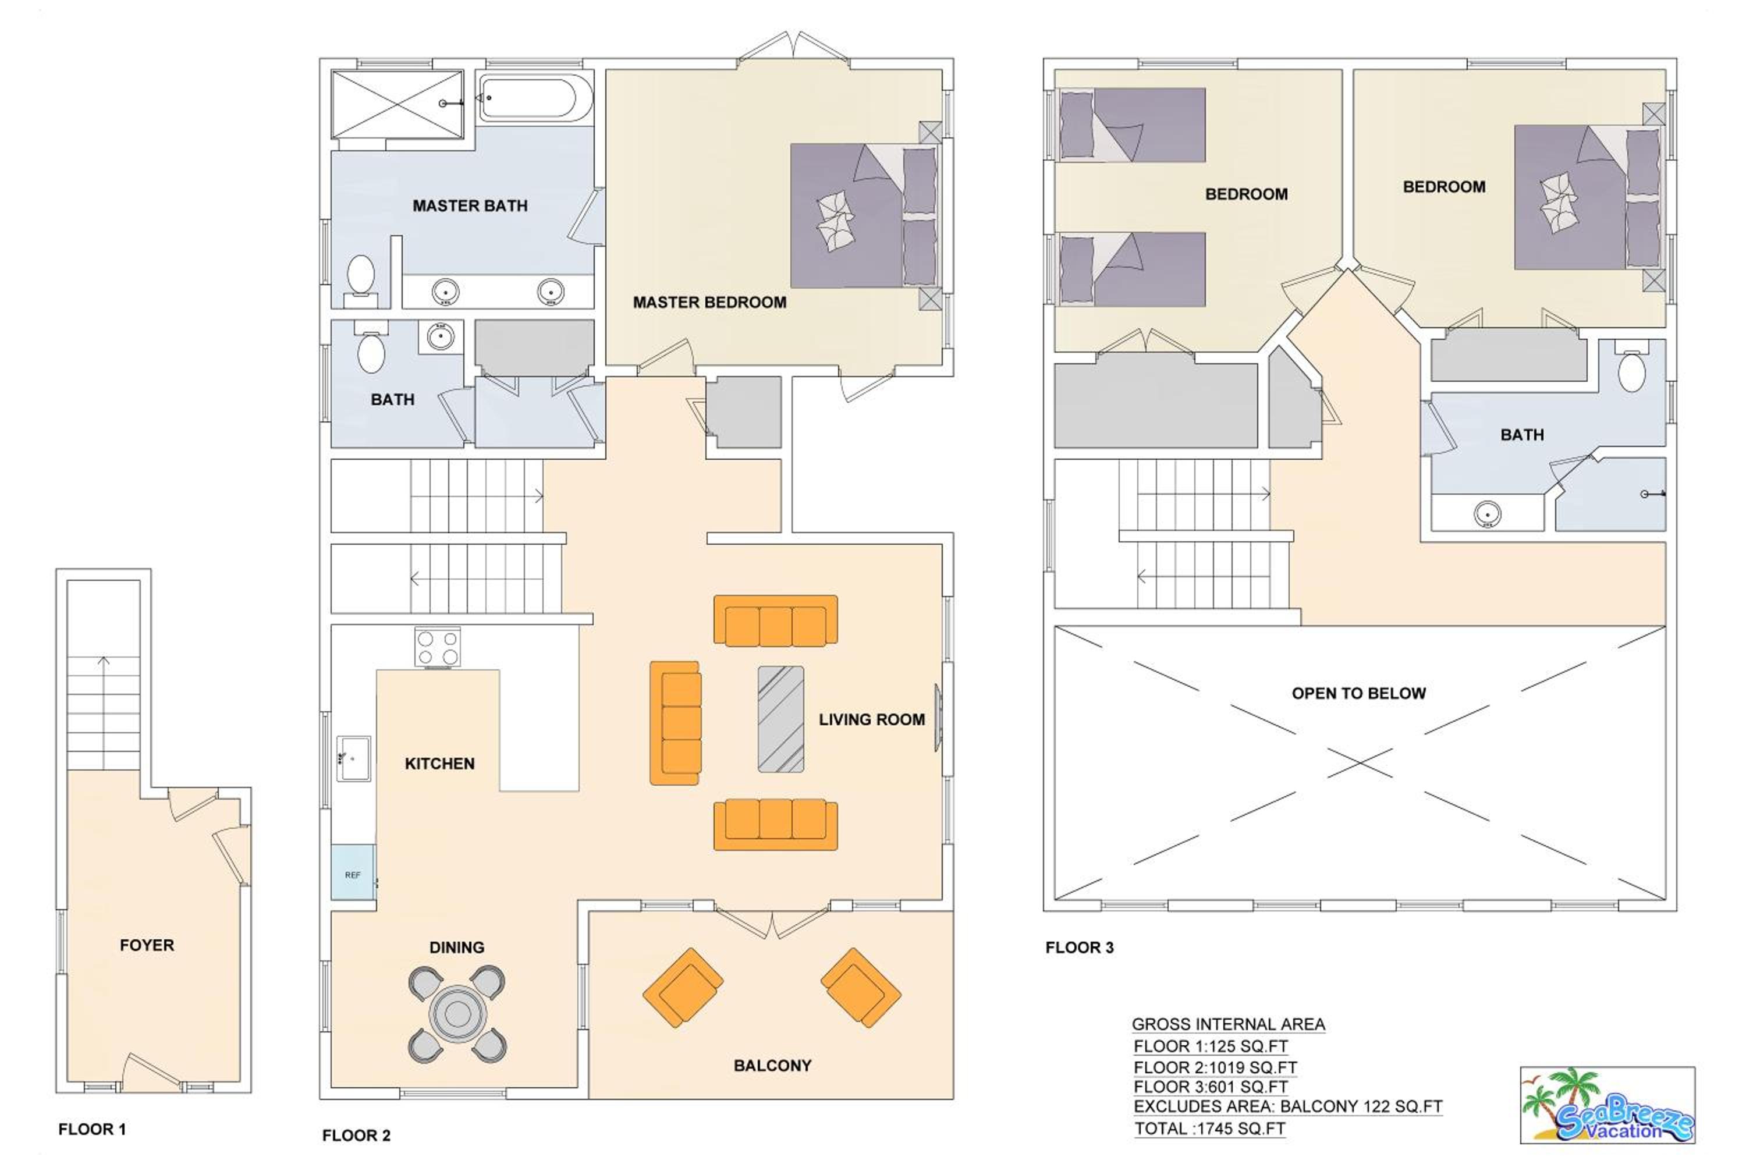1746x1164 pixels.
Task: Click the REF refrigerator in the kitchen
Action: click(x=353, y=872)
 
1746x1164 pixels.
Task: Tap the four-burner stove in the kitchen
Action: click(x=437, y=647)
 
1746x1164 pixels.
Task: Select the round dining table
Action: click(x=457, y=1013)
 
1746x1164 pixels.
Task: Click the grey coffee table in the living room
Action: click(x=780, y=719)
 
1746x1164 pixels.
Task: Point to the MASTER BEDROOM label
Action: click(x=709, y=302)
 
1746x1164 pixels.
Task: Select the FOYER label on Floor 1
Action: click(x=147, y=945)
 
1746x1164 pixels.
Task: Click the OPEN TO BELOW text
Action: click(x=1358, y=693)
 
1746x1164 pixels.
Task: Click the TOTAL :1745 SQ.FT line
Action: click(x=1210, y=1128)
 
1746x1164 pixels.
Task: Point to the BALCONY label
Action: click(x=773, y=1065)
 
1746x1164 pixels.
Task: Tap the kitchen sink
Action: click(x=354, y=759)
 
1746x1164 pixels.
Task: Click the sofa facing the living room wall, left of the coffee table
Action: click(x=675, y=723)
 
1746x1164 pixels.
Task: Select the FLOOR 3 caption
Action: click(x=1080, y=947)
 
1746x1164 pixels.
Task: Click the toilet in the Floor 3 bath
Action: click(x=1632, y=367)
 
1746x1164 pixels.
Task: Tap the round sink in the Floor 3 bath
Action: click(x=1488, y=514)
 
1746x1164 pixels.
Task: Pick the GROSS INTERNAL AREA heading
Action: click(x=1229, y=1024)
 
